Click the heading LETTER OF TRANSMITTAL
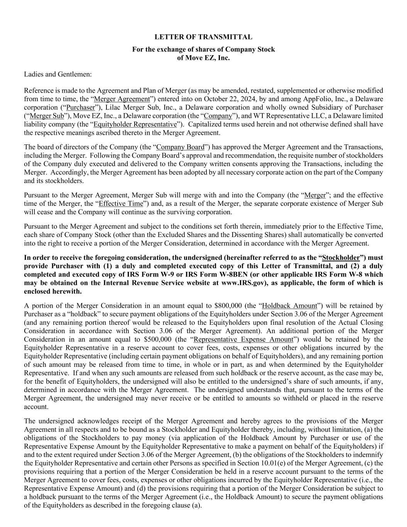coord(203,37)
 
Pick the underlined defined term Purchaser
coord(80,107)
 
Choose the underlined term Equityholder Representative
coord(135,124)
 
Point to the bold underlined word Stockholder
coord(341,258)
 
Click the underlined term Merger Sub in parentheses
coord(47,116)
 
